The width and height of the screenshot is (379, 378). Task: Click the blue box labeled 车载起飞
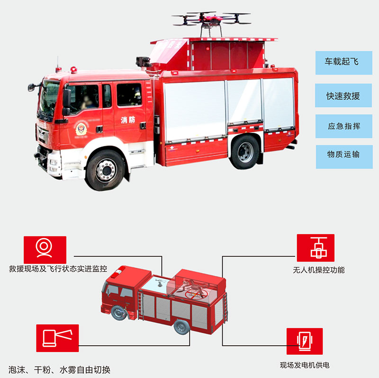(x=343, y=62)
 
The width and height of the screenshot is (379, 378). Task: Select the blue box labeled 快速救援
(x=343, y=96)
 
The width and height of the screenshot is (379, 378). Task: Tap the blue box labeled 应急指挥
(x=343, y=126)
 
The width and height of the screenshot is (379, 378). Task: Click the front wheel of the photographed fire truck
(x=105, y=170)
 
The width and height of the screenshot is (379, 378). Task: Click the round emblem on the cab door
(x=81, y=128)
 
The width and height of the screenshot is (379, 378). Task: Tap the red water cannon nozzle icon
(x=57, y=338)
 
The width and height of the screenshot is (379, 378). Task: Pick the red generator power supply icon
(x=304, y=342)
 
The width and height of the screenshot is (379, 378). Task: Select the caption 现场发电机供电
(x=304, y=365)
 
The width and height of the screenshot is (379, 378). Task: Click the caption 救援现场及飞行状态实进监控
(x=58, y=269)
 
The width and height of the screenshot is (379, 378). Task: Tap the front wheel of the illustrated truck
(x=118, y=312)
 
